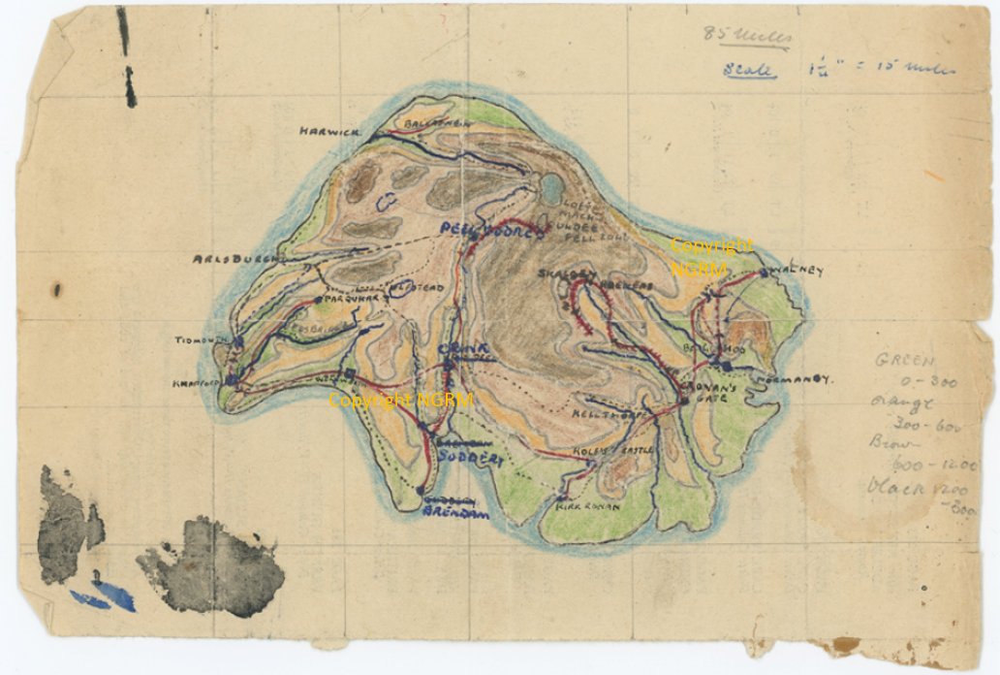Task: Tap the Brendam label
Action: (454, 513)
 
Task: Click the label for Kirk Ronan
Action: (582, 505)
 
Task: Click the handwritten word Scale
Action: (749, 70)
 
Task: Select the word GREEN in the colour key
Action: (902, 360)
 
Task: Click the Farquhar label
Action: (349, 300)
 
